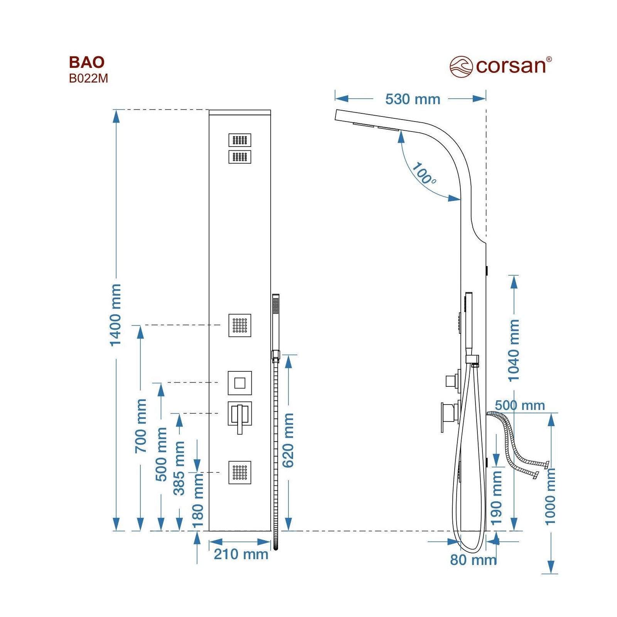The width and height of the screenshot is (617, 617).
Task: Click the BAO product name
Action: tap(86, 62)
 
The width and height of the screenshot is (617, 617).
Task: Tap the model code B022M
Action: tap(88, 78)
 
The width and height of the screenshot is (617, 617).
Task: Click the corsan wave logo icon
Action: tap(461, 66)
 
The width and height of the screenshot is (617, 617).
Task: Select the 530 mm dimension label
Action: tap(413, 99)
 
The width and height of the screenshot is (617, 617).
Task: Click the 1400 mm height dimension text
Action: tap(116, 315)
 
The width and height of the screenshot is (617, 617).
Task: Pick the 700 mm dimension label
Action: tap(141, 426)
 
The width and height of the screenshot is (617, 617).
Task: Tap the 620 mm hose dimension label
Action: tap(288, 440)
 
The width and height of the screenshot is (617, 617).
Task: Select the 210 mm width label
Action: tap(241, 554)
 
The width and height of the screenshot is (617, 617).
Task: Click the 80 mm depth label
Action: tap(474, 560)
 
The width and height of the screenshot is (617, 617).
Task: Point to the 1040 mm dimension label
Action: tap(514, 350)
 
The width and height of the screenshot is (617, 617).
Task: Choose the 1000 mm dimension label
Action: tap(550, 496)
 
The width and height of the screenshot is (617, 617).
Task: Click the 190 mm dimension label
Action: tap(496, 497)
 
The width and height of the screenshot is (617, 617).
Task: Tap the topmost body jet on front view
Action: tap(240, 140)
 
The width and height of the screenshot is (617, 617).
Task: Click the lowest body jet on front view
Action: tap(240, 472)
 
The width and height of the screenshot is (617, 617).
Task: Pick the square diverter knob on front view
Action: tap(240, 383)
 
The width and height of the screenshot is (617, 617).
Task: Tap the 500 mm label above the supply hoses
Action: tap(520, 405)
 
